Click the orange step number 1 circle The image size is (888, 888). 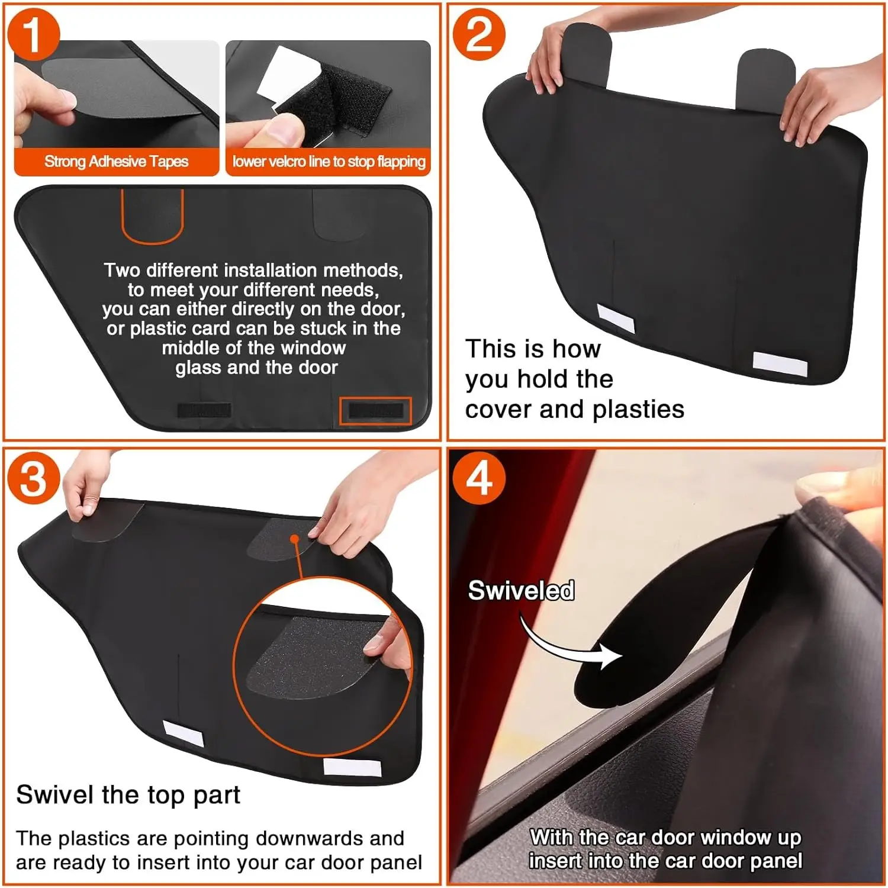tap(33, 34)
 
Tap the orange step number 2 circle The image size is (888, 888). tap(478, 34)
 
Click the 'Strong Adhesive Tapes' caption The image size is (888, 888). tap(116, 162)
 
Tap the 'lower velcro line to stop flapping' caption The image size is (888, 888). tap(329, 162)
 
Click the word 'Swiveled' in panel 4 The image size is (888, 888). tap(521, 590)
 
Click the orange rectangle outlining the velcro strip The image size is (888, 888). tap(375, 410)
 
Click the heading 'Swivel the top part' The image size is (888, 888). tap(128, 794)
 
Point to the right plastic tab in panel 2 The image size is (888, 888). tap(766, 77)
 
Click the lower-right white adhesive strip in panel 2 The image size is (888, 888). tap(779, 364)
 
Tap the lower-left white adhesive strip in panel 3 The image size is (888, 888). tap(184, 734)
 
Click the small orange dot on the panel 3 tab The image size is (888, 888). tap(294, 539)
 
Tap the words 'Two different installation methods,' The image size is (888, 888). tap(253, 271)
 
